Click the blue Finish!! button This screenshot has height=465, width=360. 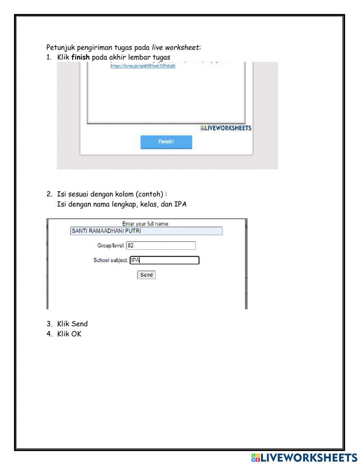point(166,142)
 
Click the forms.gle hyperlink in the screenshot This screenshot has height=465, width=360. point(143,66)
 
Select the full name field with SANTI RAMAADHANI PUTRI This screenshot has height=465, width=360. point(146,231)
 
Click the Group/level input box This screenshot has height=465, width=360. point(161,246)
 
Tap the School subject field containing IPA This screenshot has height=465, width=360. point(164,260)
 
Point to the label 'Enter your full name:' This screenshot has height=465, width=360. point(145,224)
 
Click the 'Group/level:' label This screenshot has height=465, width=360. point(111,246)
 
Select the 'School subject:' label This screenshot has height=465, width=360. point(111,260)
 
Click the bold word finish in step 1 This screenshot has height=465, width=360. point(80,57)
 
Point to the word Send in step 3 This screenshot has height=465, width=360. point(80,323)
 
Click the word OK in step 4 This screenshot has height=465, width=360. point(76,334)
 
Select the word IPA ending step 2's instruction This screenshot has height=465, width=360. point(180,204)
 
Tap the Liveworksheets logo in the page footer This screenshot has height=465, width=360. point(304,457)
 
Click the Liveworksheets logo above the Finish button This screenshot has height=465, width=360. point(226,128)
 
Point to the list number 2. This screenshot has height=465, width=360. point(49,194)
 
